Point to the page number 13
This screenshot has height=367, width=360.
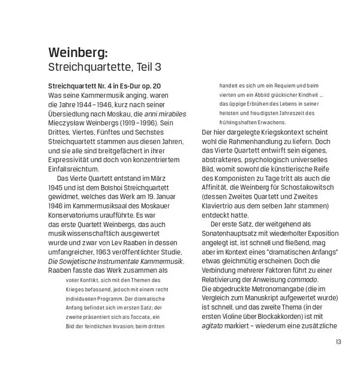click(x=338, y=342)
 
